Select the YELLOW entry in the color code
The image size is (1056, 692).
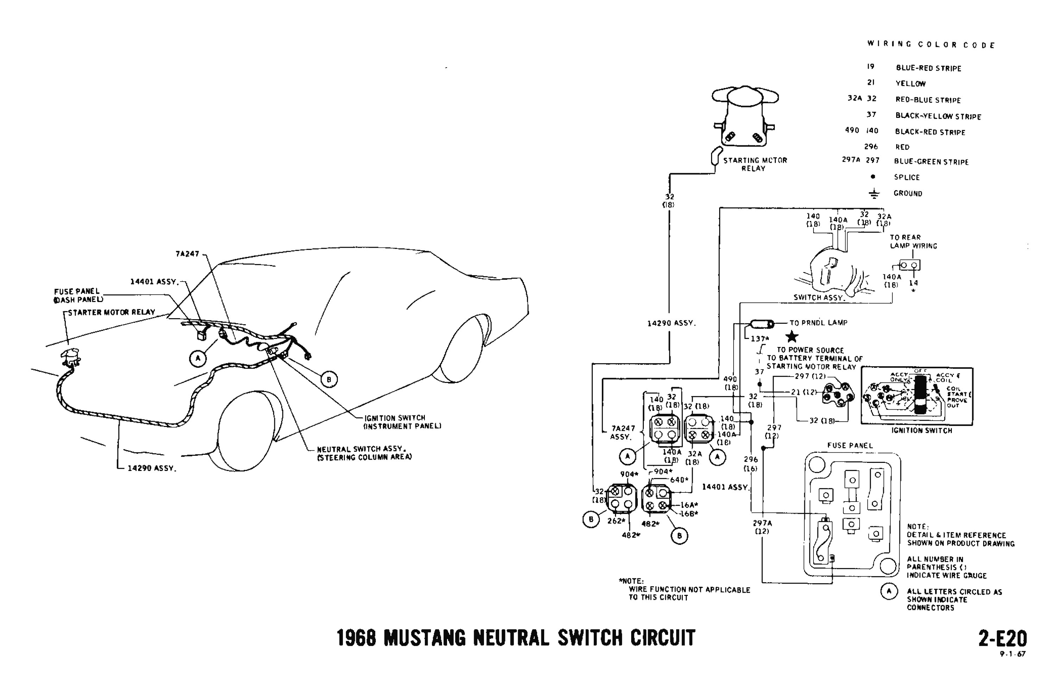911,83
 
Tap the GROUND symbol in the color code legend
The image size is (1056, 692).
874,193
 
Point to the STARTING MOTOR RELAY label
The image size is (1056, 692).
755,164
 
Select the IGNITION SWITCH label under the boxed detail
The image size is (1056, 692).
922,430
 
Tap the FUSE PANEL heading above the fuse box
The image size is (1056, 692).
850,445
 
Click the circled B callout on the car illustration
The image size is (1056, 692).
329,379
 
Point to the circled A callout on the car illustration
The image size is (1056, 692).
198,358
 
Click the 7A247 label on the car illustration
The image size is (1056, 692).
187,254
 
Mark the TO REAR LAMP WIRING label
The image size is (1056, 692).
913,242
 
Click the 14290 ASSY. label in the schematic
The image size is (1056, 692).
671,323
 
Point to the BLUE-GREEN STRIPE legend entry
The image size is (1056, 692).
931,162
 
